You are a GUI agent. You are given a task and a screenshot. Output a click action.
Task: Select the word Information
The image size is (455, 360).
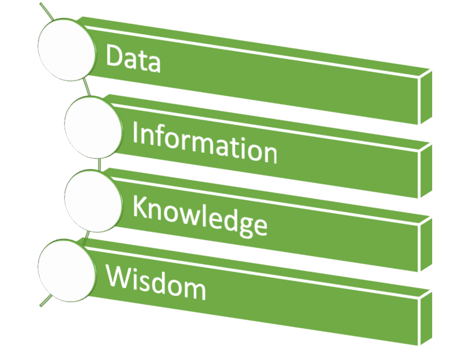(205, 143)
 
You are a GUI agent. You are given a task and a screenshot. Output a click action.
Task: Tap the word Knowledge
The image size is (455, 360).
(199, 216)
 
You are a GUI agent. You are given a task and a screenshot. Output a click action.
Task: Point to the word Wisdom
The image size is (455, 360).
(156, 282)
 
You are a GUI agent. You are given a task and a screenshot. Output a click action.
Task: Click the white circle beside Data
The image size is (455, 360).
(67, 49)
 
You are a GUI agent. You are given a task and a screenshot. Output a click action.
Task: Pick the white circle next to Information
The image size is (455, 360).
(93, 128)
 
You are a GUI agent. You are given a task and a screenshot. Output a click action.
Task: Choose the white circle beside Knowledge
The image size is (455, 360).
(93, 201)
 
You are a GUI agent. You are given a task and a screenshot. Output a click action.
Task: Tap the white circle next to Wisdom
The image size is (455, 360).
(67, 270)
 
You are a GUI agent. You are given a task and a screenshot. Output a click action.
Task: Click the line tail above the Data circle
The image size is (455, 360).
(46, 11)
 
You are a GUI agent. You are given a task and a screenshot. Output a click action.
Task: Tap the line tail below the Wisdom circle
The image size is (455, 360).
(46, 301)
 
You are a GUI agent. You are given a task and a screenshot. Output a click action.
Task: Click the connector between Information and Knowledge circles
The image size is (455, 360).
(99, 164)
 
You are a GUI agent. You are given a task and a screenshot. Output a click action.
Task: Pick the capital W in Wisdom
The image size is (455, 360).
(120, 276)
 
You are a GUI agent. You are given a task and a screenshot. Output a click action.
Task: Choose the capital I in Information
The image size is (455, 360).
(135, 132)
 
